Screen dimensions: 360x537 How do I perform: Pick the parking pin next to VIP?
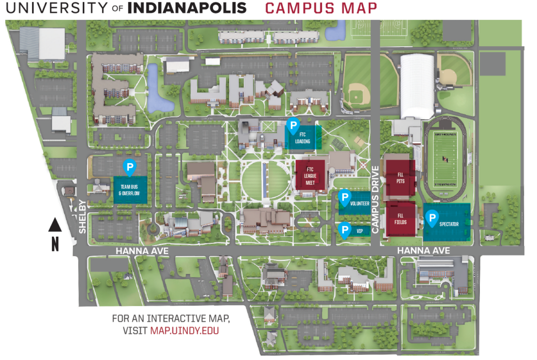click(345, 229)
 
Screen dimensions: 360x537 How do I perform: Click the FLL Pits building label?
click(400, 175)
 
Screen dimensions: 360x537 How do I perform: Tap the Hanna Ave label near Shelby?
click(142, 251)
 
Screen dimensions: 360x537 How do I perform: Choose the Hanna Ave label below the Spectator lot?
click(424, 251)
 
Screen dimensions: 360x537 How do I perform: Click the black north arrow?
click(55, 225)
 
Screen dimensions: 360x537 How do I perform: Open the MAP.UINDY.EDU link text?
click(185, 331)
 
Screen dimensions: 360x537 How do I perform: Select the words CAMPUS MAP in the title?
click(321, 8)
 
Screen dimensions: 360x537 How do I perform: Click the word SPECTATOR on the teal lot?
click(449, 225)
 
